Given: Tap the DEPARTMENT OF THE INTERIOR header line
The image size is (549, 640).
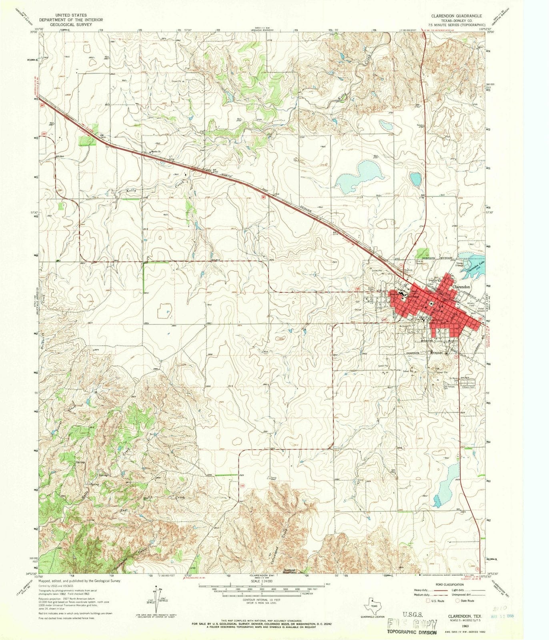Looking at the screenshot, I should click(x=70, y=20).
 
